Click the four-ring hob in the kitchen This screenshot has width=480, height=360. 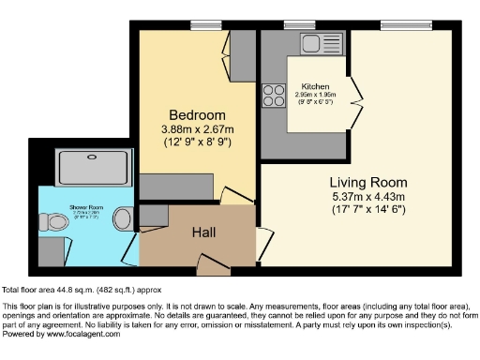pyautogui.click(x=275, y=95)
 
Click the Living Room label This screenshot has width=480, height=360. pyautogui.click(x=367, y=182)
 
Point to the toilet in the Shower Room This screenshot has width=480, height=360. pyautogui.click(x=122, y=219)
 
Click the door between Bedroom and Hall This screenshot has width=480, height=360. pyautogui.click(x=229, y=196)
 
